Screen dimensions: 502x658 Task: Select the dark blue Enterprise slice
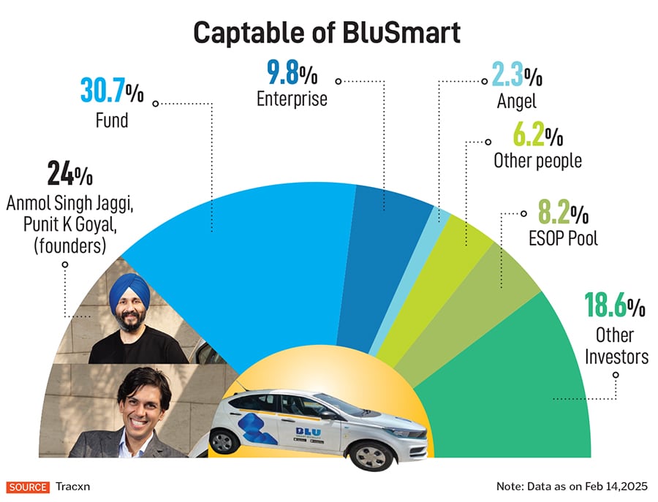point(391,219)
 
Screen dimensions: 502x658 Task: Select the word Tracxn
point(72,487)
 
